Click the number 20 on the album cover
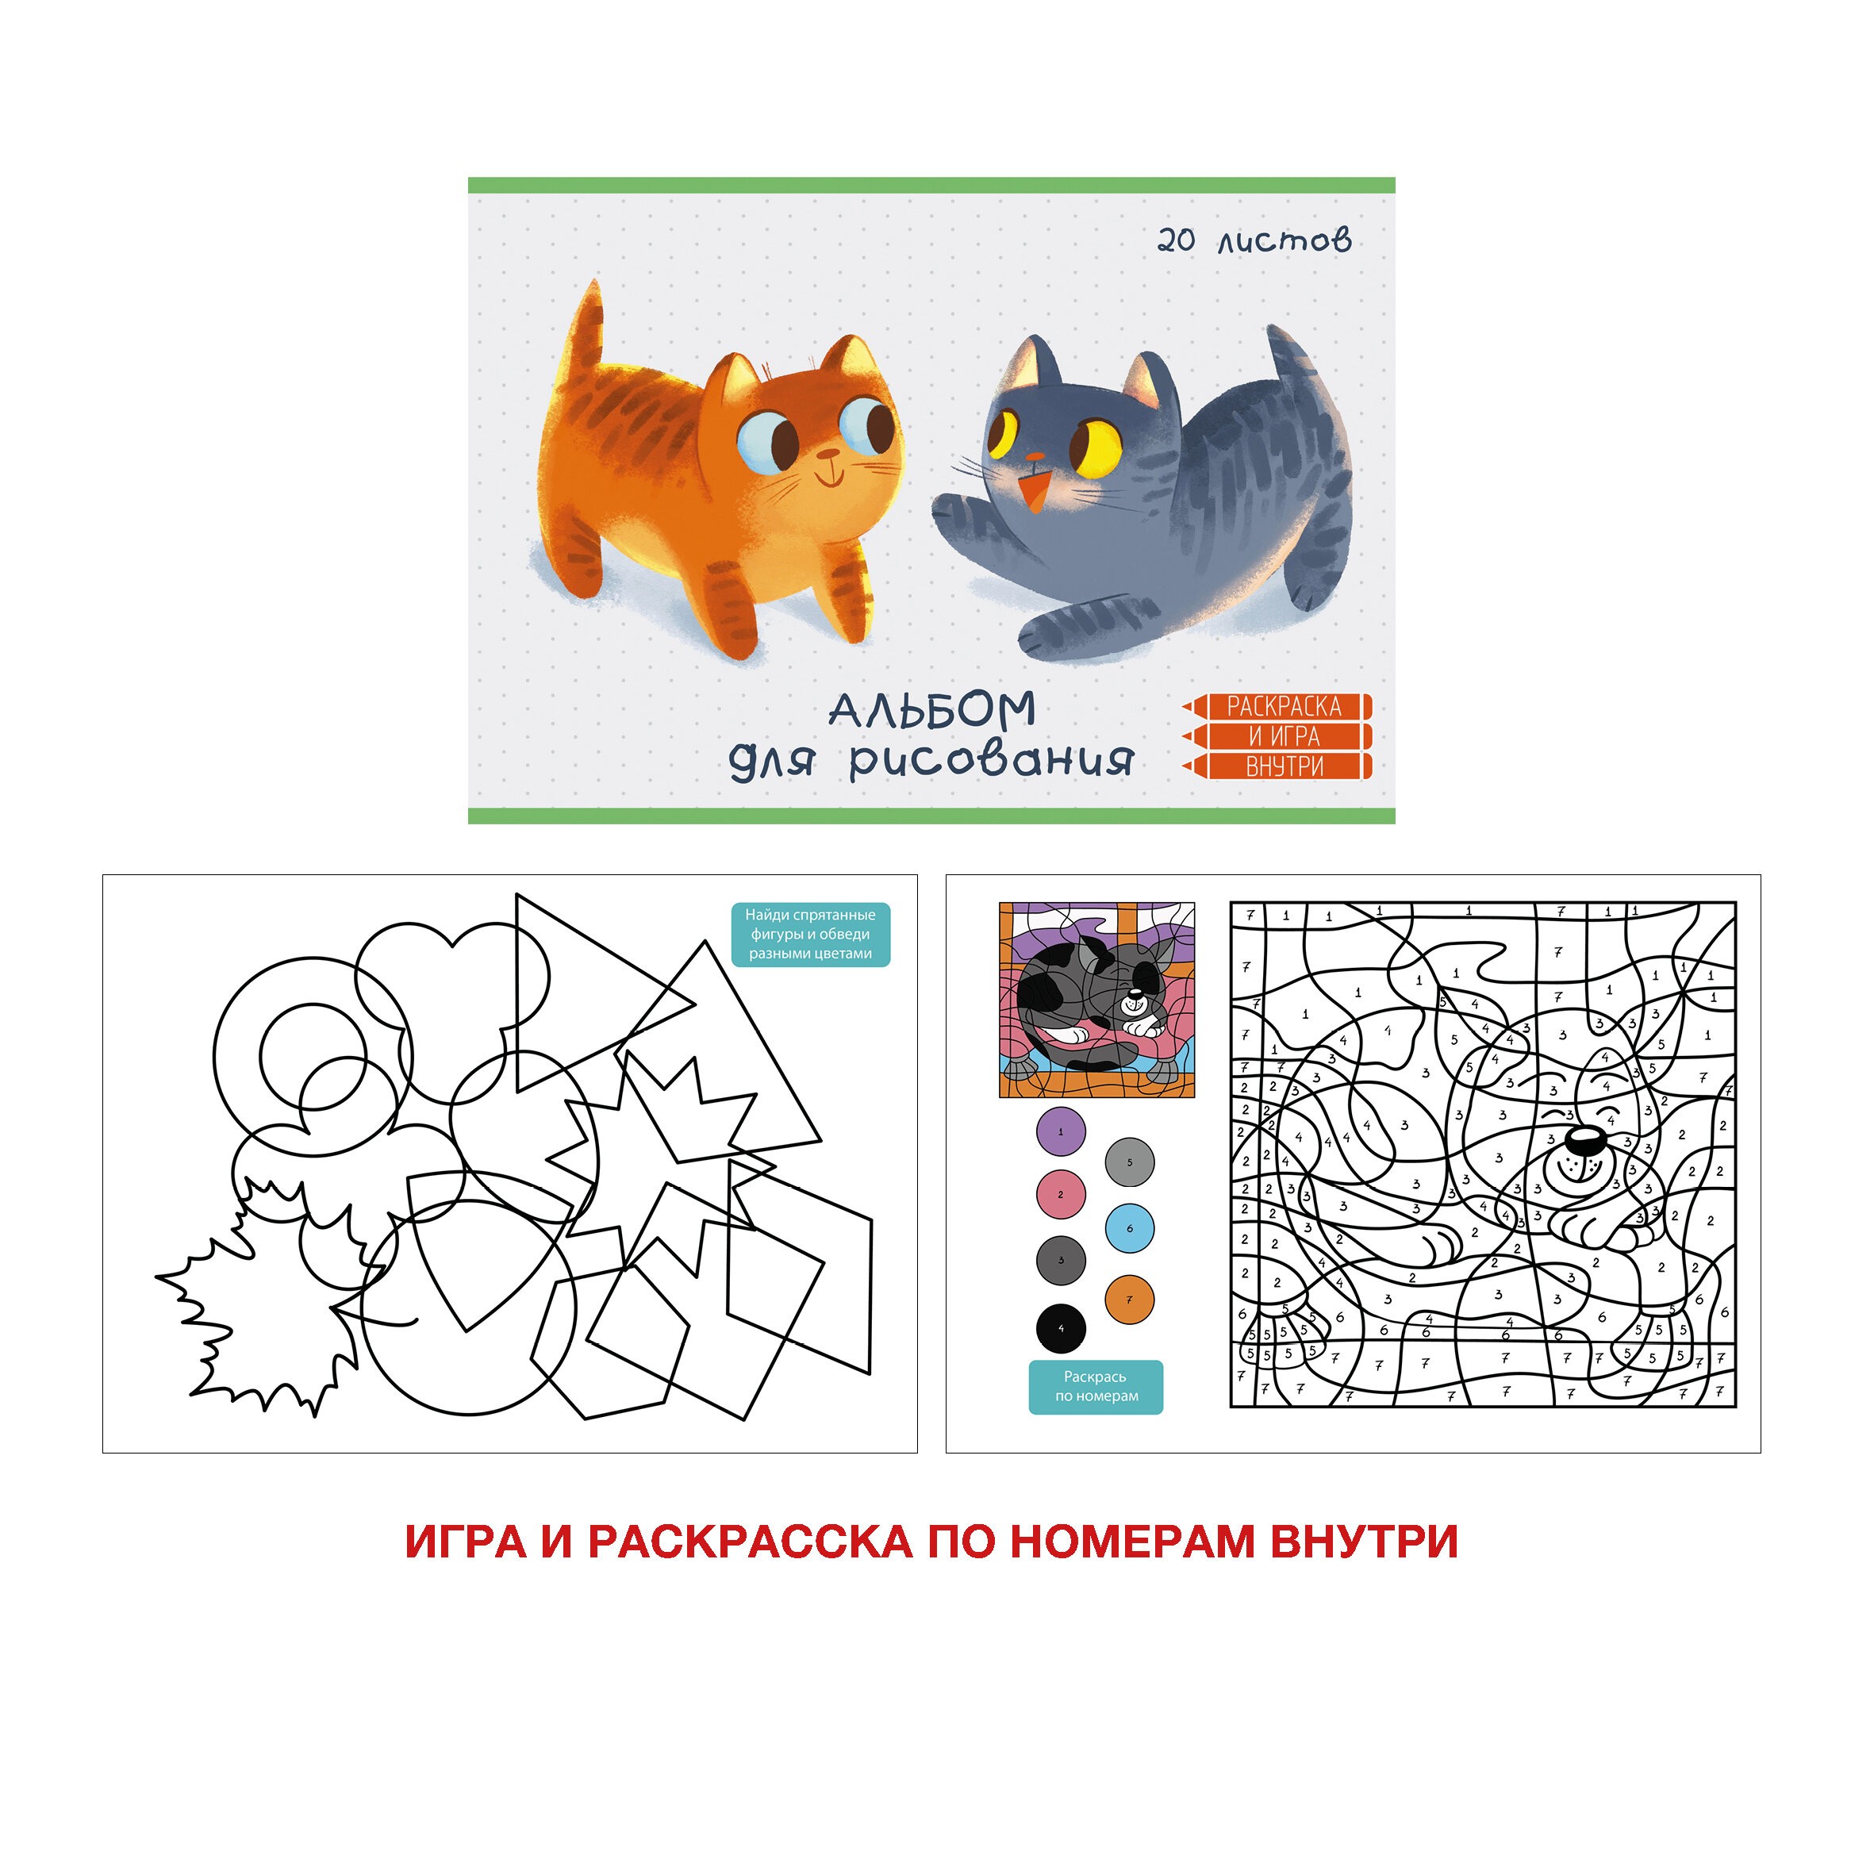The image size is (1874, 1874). coord(1176,240)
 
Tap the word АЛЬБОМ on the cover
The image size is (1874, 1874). coord(932,711)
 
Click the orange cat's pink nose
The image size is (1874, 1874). coord(827,453)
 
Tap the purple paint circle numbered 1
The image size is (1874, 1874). coord(1060,1131)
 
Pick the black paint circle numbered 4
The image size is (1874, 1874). coord(1060,1329)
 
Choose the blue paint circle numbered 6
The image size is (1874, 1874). coord(1129,1228)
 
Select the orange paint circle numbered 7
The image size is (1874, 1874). coord(1129,1299)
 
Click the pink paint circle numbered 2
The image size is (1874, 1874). coord(1060,1194)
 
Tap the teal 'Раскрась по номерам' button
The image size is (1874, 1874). coord(1095,1386)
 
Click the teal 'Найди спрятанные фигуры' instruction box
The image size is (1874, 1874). coord(810,934)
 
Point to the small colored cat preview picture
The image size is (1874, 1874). coord(1096,1000)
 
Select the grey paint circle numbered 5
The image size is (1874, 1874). coord(1129,1162)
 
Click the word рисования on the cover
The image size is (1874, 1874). coord(990,762)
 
